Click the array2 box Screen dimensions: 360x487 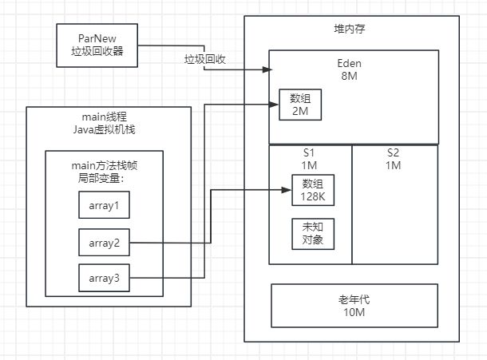(104, 242)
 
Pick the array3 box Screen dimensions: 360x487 (104, 278)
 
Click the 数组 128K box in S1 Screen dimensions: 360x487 (312, 192)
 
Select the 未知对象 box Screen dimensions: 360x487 (312, 233)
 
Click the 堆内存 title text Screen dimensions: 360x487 (352, 30)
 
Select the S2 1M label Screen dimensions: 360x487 (394, 159)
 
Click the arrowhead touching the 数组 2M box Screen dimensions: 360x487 (274, 104)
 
